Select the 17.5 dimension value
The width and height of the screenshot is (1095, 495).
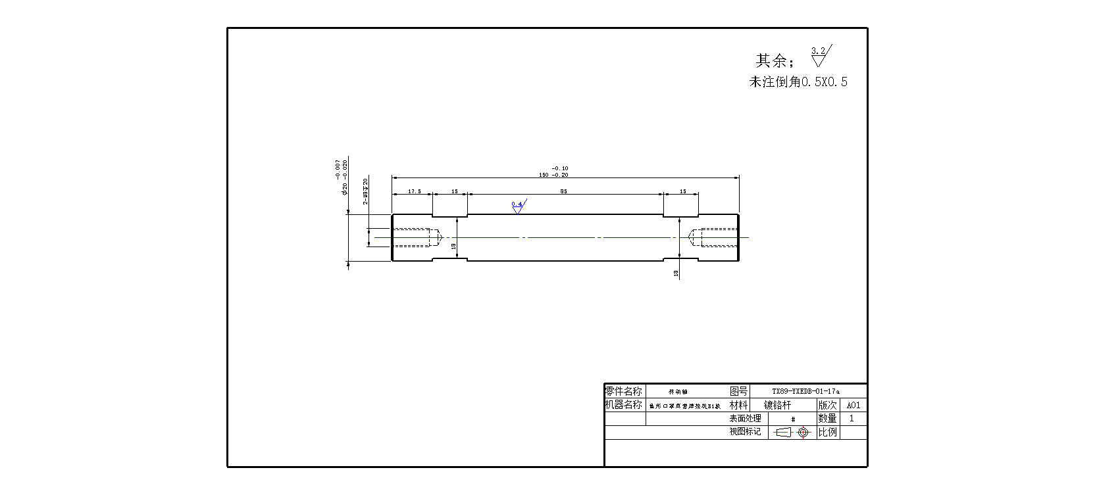point(414,191)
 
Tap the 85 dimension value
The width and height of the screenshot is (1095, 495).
point(563,191)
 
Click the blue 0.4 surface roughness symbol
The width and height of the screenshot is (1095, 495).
point(518,206)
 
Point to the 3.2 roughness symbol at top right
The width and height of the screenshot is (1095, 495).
point(820,56)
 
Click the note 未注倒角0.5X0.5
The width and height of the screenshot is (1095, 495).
point(798,82)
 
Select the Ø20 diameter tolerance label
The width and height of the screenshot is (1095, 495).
point(342,177)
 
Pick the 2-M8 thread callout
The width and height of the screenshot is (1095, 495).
point(366,191)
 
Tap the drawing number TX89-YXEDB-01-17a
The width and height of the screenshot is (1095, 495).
point(805,391)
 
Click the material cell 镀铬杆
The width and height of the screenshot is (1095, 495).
point(777,406)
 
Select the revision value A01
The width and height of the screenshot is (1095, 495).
point(853,406)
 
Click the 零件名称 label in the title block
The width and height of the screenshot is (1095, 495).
point(623,391)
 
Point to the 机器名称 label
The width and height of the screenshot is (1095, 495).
point(623,405)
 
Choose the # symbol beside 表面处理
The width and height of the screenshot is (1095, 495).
point(793,419)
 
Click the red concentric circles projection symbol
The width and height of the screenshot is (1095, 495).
point(802,433)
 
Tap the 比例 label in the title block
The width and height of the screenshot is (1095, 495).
point(827,433)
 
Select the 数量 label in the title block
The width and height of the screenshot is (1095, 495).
point(827,419)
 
